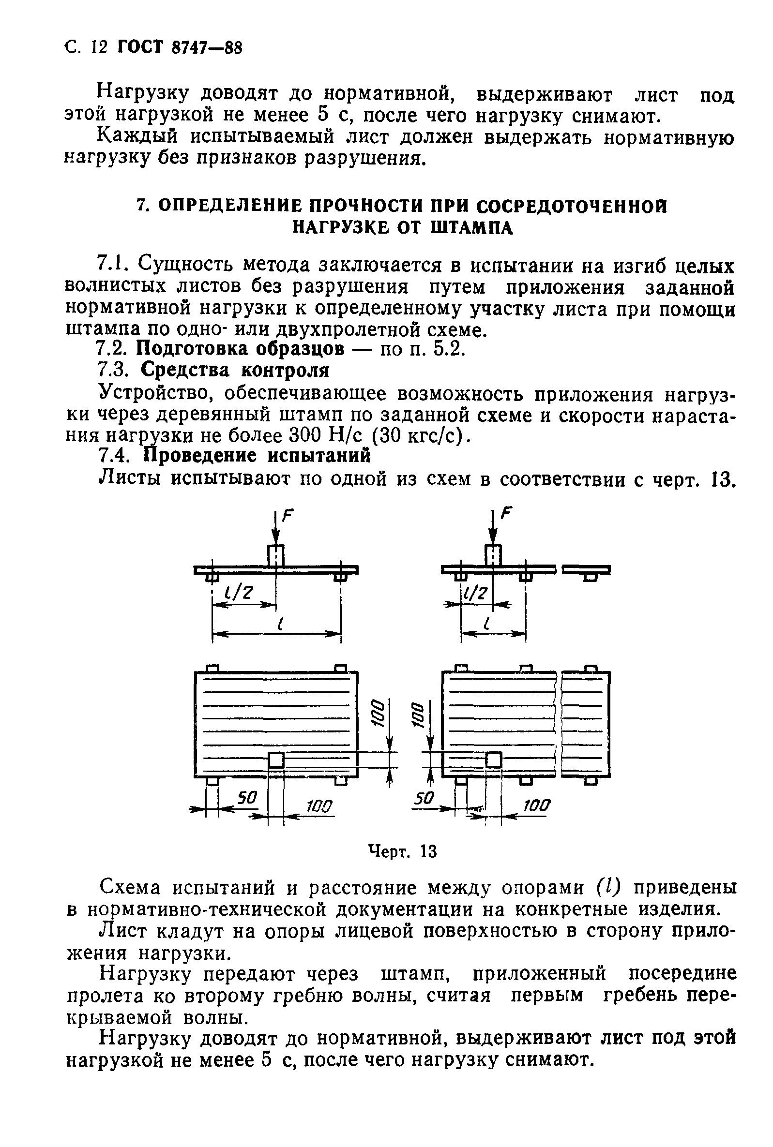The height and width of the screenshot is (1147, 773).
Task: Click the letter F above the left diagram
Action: (x=288, y=516)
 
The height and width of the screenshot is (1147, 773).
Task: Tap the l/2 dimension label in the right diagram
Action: (x=474, y=592)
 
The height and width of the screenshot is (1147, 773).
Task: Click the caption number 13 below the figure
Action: (x=428, y=851)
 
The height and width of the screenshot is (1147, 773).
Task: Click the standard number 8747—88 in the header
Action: (x=207, y=48)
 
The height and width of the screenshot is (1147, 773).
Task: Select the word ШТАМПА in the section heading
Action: (x=472, y=228)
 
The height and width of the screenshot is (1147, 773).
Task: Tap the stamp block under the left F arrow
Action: (x=276, y=555)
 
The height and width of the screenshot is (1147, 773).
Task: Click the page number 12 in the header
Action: (x=99, y=48)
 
